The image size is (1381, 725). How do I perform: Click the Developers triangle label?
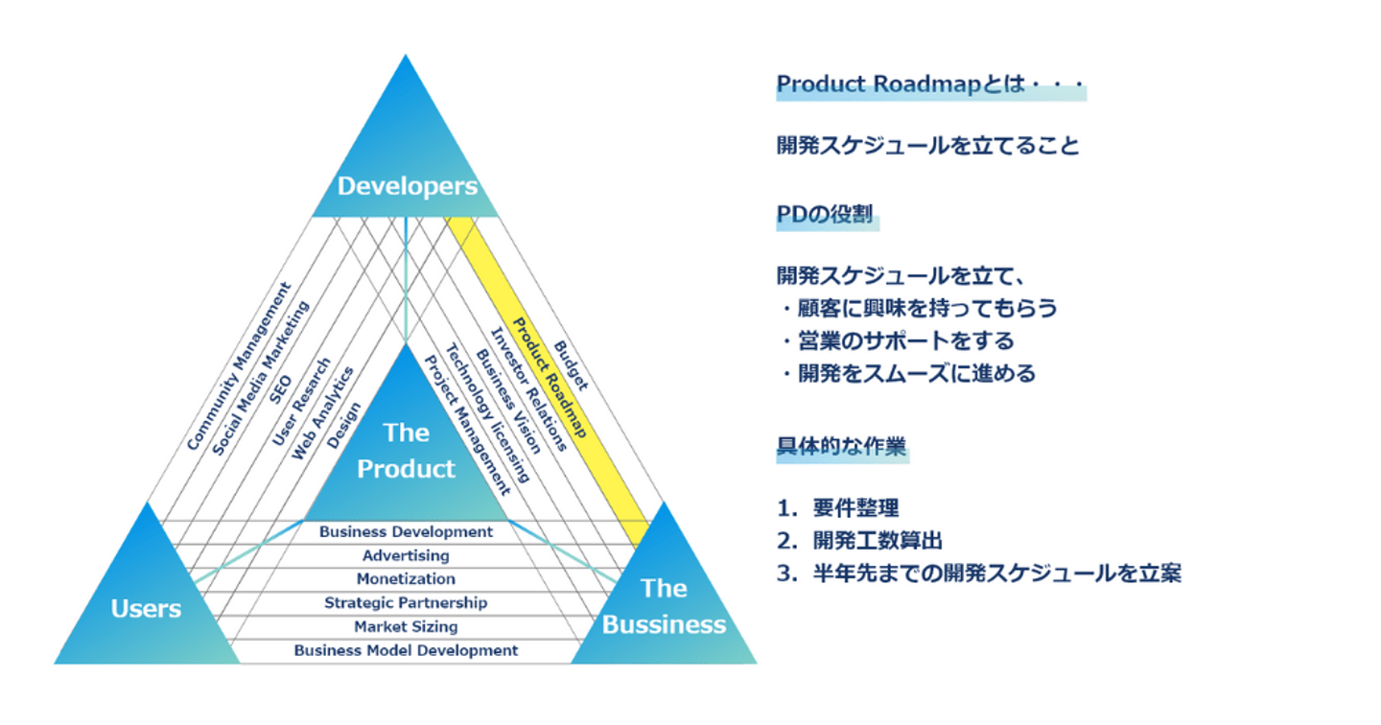(407, 186)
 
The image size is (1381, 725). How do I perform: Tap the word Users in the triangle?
(146, 608)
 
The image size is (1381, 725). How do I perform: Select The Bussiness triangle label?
(664, 606)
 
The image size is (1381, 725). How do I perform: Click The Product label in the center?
(407, 451)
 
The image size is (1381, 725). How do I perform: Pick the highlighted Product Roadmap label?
(549, 378)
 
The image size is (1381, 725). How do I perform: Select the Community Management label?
(238, 366)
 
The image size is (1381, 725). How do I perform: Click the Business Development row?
(406, 531)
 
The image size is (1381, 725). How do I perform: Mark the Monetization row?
(406, 579)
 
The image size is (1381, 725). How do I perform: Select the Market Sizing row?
(406, 626)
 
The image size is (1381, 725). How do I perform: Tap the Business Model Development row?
(406, 650)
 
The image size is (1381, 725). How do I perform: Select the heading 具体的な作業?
(841, 447)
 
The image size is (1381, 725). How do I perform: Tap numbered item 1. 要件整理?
(838, 508)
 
